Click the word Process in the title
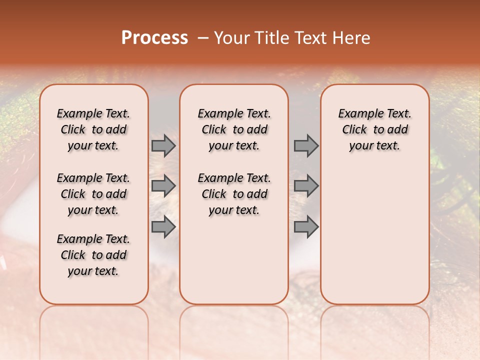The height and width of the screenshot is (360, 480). (x=154, y=38)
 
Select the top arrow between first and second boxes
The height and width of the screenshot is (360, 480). (x=163, y=146)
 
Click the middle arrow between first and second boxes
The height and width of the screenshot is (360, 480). (x=163, y=186)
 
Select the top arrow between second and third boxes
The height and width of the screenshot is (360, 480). (x=306, y=146)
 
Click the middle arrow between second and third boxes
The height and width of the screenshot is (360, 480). (x=306, y=186)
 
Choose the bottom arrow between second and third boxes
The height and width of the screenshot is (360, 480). (x=306, y=226)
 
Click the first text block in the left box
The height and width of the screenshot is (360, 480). (x=93, y=129)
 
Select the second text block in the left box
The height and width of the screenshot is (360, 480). (x=93, y=194)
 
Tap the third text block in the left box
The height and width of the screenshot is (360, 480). (x=93, y=255)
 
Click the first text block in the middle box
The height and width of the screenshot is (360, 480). (x=234, y=129)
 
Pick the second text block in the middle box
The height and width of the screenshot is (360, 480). (x=234, y=194)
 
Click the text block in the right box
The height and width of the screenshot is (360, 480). (x=374, y=129)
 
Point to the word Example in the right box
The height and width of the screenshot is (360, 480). (x=357, y=114)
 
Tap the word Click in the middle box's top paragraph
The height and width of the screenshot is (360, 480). (x=214, y=130)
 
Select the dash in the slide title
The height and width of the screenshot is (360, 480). (x=203, y=38)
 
